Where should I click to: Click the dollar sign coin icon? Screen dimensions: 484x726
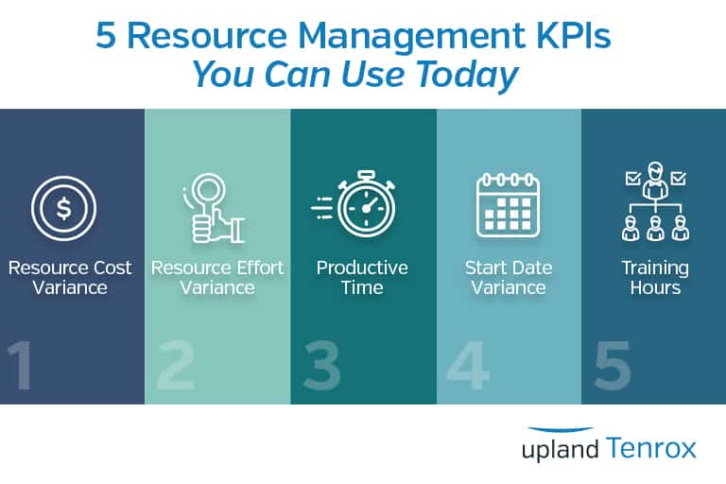tap(63, 207)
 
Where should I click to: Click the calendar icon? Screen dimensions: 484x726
tap(507, 203)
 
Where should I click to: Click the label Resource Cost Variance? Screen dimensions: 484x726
tap(70, 278)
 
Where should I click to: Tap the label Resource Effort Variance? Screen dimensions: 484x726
tap(217, 278)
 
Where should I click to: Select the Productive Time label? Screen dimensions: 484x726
tap(362, 278)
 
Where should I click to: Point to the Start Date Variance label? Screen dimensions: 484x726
tap(508, 278)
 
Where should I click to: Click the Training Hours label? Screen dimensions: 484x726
tap(654, 278)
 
